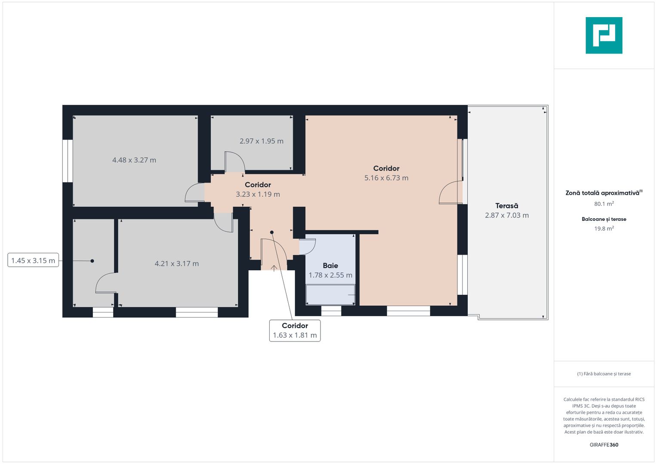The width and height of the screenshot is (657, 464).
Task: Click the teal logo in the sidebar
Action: pos(604,35)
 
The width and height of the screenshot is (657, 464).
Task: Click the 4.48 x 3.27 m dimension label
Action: pos(134,160)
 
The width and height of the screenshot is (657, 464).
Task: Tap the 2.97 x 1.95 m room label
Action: pos(262,141)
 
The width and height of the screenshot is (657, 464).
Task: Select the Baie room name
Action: pos(330,266)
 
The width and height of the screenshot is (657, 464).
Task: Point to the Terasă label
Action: pos(507,205)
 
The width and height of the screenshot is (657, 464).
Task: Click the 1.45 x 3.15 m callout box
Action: pos(33,260)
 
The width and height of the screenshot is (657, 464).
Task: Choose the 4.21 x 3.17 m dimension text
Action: pos(176,264)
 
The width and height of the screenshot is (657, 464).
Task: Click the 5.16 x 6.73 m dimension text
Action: pos(386,178)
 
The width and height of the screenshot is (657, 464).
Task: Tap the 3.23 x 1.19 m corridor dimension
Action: pos(258,194)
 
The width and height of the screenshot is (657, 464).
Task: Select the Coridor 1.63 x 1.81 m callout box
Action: pos(295,330)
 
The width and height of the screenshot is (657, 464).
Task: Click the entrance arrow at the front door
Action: pos(274,269)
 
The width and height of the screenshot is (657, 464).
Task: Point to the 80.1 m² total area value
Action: pos(604,204)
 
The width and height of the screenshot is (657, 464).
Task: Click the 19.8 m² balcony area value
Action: pos(604,229)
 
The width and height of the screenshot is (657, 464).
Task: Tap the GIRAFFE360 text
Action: pos(604,445)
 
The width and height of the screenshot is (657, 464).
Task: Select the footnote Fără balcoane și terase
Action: pos(604,374)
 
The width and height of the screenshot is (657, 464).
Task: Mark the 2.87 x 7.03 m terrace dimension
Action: pos(507,215)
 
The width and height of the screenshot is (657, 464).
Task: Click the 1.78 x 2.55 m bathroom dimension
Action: pos(330,275)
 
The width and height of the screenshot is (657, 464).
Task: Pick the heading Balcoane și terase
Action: pos(604,219)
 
